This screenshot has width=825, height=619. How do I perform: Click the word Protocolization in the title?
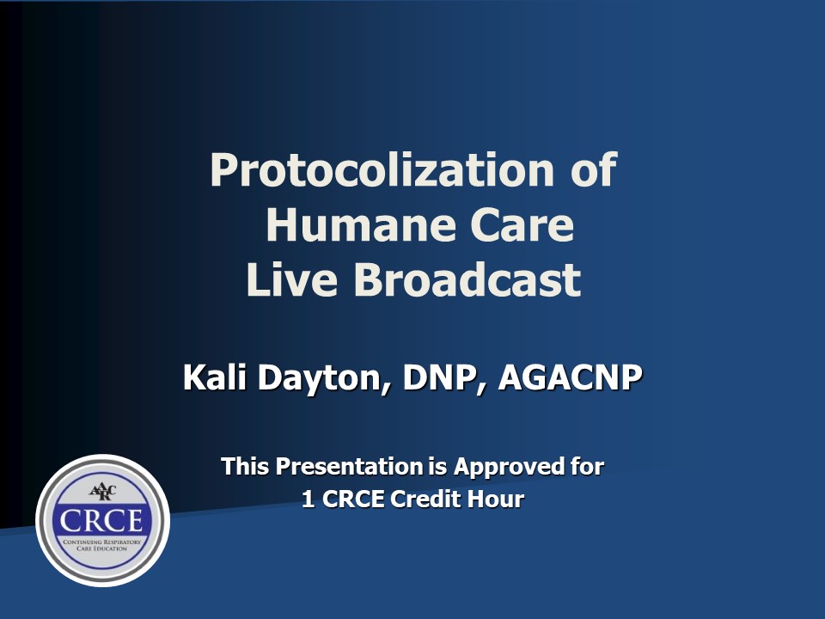point(382,170)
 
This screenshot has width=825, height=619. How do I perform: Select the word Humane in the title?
point(361,225)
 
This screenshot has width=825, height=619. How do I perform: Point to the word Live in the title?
point(291,279)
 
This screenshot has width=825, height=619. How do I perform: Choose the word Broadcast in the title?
point(467,279)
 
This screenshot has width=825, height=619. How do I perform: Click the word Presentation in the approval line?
point(350,466)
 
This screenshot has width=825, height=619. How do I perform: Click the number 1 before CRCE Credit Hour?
point(309,499)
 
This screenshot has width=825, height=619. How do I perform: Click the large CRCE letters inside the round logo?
point(101,521)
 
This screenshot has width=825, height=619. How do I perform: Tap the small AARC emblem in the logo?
point(102,492)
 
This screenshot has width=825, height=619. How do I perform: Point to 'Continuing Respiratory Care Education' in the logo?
point(102,545)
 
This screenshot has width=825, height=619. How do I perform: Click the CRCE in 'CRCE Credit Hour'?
point(352,499)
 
